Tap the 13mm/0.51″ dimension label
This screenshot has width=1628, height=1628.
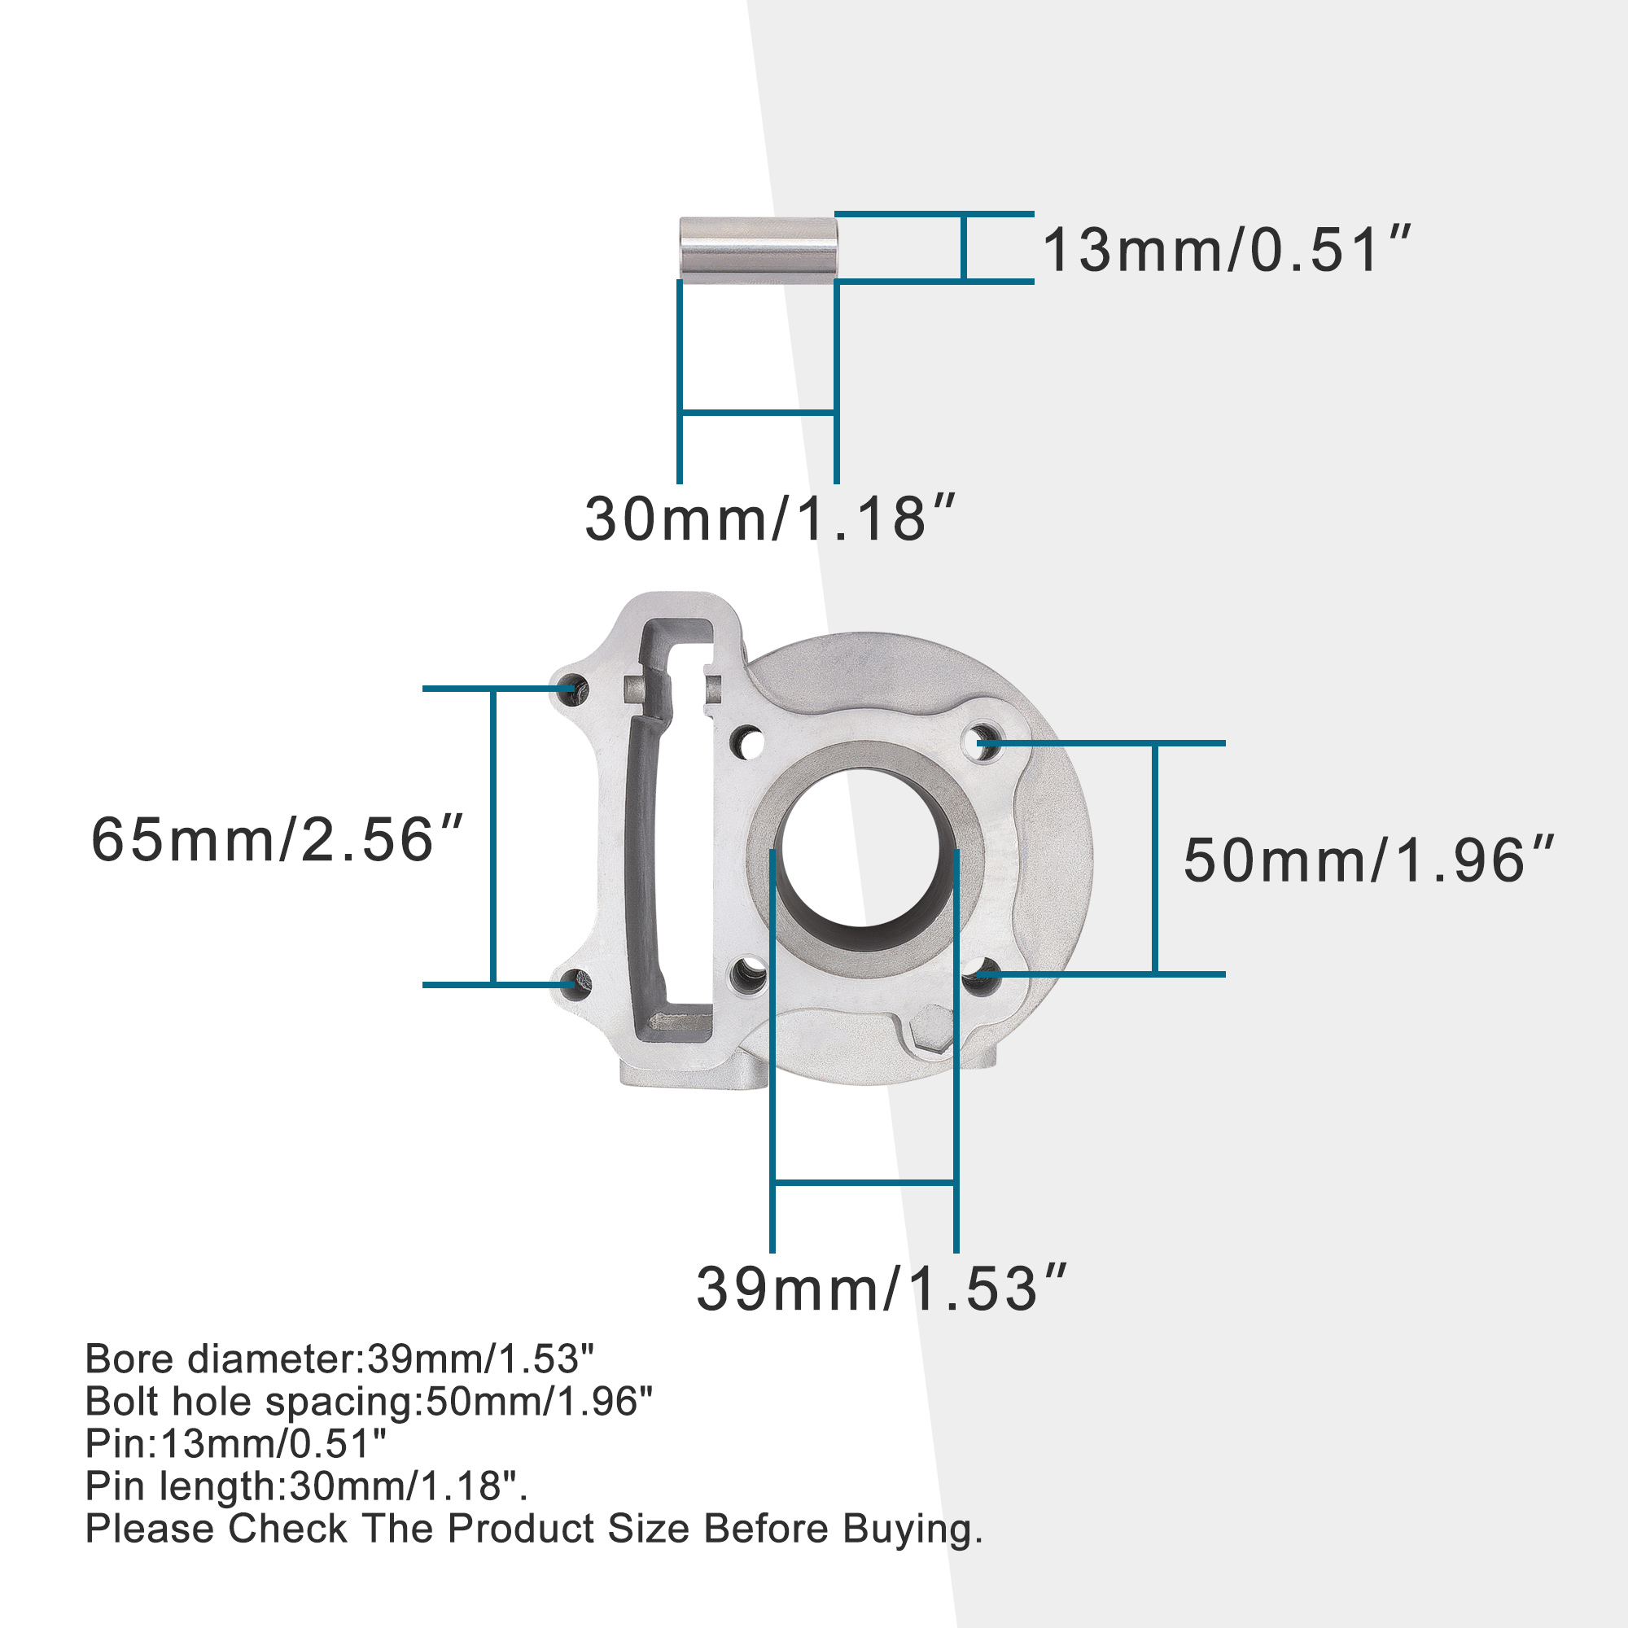[x=1226, y=250]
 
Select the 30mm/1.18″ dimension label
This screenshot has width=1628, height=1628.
[x=770, y=519]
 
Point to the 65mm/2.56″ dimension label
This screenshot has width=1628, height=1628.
[x=278, y=840]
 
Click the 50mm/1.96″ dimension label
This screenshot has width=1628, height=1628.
[x=1368, y=860]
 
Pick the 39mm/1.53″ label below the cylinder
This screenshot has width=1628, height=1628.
[x=882, y=1289]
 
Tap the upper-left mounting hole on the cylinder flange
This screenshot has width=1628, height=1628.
[x=573, y=687]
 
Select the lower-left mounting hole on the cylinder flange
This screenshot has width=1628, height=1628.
[x=575, y=982]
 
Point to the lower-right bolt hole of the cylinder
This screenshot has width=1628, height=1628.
[x=981, y=977]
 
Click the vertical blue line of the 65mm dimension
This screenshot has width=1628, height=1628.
[x=493, y=836]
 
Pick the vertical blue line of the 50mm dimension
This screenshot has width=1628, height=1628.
[x=1154, y=858]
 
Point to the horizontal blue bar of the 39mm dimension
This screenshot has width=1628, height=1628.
[x=864, y=1182]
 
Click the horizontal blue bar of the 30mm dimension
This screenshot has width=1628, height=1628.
[x=758, y=412]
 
